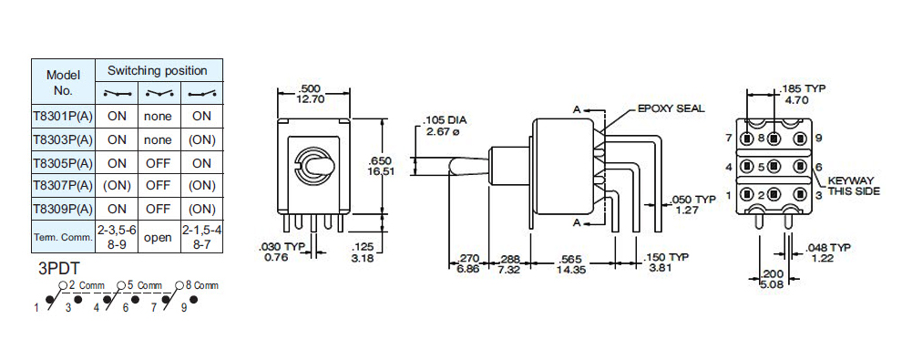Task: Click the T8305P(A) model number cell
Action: point(63,163)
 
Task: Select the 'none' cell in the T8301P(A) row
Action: point(159,116)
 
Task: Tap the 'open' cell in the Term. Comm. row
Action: point(159,237)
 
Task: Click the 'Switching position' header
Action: point(159,71)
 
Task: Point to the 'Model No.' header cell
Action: point(63,82)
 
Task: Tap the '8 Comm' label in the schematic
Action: point(202,285)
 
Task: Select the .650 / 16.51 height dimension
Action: point(380,166)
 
